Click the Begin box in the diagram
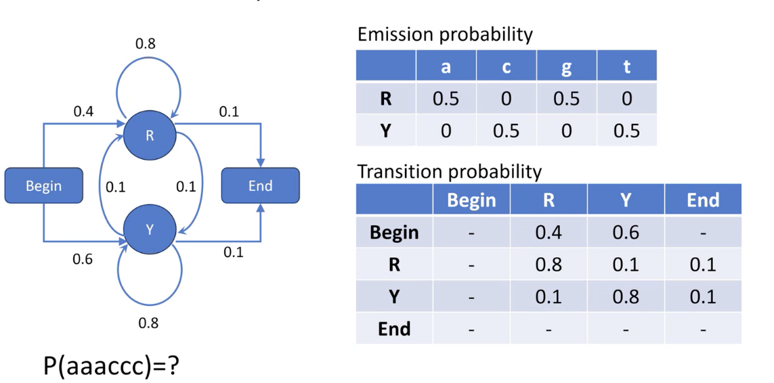pos(44,185)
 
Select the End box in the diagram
pos(260,185)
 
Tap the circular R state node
pos(150,135)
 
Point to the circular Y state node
pos(150,230)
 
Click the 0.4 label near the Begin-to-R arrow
pos(83,112)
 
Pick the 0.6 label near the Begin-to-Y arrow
pos(83,259)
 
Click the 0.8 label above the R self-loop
pos(145,44)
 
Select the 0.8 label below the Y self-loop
pos(148,323)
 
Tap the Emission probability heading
pos(445,34)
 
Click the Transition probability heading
pos(449,171)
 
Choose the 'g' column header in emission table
pos(566,66)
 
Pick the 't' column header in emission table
pos(626,66)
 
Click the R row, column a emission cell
pos(446,99)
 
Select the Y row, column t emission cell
pos(626,130)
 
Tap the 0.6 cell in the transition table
pos(626,232)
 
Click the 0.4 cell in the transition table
pos(549,232)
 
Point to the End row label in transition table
pos(394,329)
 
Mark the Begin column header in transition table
pos(471,200)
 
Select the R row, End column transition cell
pos(703,264)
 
